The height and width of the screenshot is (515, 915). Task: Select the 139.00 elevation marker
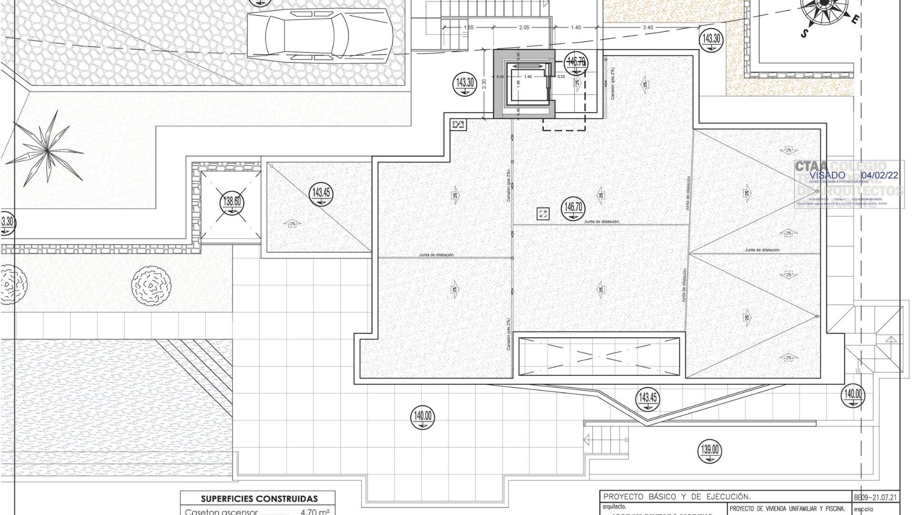[x=710, y=450]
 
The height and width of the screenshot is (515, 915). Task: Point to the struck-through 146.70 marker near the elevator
[x=576, y=62]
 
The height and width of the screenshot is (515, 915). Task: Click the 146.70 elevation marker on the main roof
[x=573, y=208]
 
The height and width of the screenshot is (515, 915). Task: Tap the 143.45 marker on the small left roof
[x=321, y=194]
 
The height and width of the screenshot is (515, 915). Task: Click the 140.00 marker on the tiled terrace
[x=422, y=417]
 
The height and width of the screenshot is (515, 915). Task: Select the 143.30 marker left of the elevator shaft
[x=465, y=83]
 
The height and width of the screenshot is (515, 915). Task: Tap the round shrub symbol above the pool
[x=151, y=286]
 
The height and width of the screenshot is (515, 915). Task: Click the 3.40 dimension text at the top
[x=648, y=28]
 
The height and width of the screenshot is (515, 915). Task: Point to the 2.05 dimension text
[x=524, y=28]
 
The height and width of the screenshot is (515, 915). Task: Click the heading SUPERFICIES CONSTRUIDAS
[x=259, y=499]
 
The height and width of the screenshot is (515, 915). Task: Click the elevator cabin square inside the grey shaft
[x=527, y=84]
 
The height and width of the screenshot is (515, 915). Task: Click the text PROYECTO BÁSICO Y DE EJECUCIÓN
[x=677, y=496]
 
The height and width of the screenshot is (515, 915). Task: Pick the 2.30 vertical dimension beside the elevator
[x=484, y=84]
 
